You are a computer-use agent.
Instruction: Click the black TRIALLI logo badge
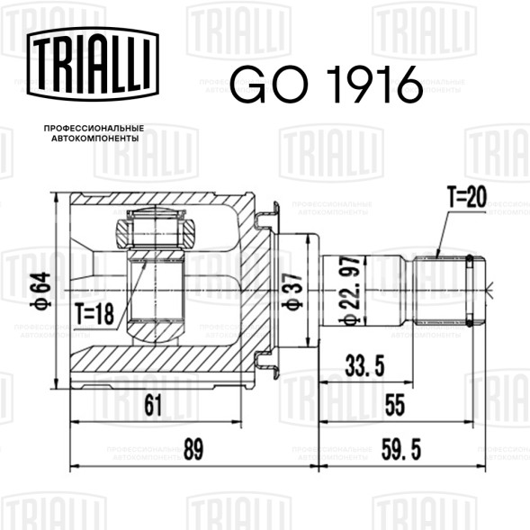[93, 64]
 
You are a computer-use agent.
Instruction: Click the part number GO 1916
[327, 85]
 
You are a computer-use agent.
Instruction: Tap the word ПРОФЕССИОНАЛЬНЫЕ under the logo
[94, 129]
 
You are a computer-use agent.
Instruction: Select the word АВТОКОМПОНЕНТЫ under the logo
[95, 139]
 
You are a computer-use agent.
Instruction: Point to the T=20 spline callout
[467, 197]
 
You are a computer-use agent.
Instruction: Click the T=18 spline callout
[94, 314]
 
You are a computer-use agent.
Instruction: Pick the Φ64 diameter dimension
[41, 290]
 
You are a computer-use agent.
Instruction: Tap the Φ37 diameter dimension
[292, 292]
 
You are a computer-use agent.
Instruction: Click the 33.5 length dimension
[364, 365]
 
